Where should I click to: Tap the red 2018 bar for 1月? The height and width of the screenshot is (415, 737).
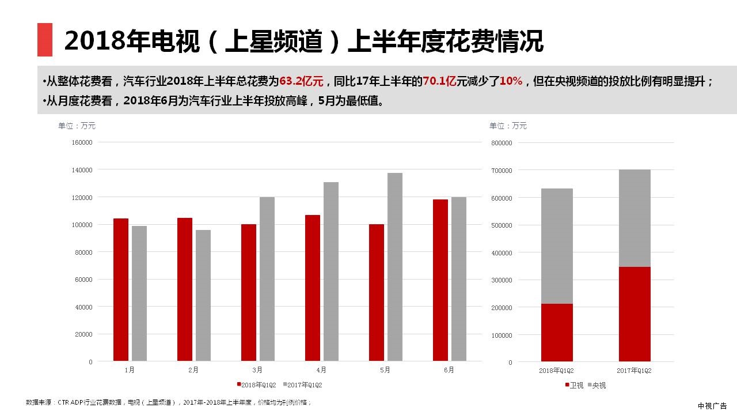pos(121,290)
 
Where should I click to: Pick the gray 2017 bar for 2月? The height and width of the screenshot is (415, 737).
pos(203,296)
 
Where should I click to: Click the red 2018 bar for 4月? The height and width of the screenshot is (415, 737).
pos(313,288)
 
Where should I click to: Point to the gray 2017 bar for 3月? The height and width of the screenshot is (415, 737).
pos(267,279)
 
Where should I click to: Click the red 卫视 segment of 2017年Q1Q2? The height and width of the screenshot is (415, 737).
pos(635,314)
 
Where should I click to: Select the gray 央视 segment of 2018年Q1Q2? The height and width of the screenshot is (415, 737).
pos(557,246)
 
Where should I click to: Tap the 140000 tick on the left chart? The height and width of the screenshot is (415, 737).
pos(82,170)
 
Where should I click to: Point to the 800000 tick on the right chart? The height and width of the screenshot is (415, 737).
pos(501,143)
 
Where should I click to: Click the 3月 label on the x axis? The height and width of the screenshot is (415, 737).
pos(257,370)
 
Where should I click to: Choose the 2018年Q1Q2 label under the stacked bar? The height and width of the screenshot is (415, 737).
pos(557,371)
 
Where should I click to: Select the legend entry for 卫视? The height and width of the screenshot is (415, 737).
pos(574,385)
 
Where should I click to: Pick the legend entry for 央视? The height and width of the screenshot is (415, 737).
pos(597,385)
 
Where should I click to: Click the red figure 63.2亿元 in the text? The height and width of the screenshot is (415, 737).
pos(301,81)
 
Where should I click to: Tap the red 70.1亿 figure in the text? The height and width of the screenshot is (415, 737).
pos(439,81)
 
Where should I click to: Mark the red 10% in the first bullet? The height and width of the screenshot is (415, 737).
pos(511,81)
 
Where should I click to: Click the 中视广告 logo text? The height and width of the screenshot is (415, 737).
pos(712,406)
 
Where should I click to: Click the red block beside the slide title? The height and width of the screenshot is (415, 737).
pos(45,40)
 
